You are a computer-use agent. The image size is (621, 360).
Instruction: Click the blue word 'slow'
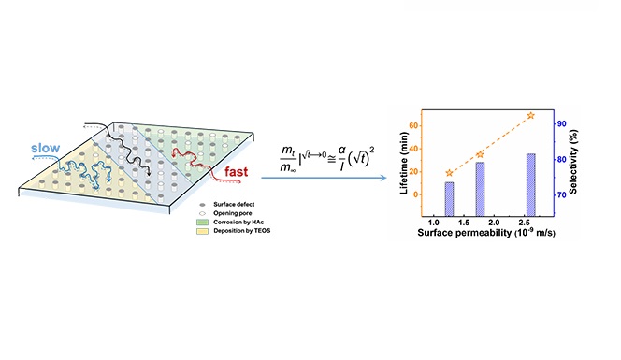tap(46, 148)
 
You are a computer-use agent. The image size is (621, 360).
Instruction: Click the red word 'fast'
tap(236, 171)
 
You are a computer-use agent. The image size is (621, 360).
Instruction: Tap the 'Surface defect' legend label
tap(234, 205)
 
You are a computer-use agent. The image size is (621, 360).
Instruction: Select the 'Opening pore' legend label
tap(233, 213)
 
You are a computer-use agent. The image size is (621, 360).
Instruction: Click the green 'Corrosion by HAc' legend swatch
tap(202, 223)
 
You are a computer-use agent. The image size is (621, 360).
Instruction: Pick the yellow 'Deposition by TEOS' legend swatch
tap(202, 231)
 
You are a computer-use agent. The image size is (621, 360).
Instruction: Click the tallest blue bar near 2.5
tap(530, 185)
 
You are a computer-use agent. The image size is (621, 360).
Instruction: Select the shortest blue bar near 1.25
tap(449, 199)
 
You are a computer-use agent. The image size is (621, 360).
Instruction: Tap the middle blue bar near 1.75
tap(480, 189)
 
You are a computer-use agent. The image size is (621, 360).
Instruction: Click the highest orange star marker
tap(530, 116)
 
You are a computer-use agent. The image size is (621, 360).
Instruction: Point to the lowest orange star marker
tap(449, 173)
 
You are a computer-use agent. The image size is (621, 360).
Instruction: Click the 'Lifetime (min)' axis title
tap(404, 163)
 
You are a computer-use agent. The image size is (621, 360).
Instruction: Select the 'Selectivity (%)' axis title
tap(573, 162)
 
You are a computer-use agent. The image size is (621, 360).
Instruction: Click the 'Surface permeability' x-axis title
tap(465, 233)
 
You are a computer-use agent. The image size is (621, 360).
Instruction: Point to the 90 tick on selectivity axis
tap(561, 124)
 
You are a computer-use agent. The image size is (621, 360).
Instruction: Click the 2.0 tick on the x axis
tap(494, 223)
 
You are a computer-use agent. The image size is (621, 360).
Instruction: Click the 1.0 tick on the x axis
tap(434, 223)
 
